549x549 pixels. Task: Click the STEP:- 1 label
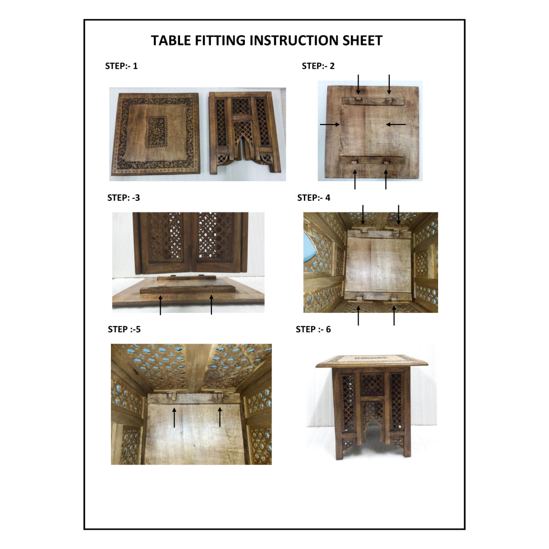pos(121,66)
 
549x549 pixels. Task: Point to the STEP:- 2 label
pos(318,66)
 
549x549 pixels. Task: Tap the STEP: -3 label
pos(124,198)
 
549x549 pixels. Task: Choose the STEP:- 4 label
pos(313,198)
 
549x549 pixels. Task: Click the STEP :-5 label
pos(124,329)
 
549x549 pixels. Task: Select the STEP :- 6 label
pos(313,329)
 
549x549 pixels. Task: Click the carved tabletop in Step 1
pos(156,134)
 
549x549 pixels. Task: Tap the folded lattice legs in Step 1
pos(245,133)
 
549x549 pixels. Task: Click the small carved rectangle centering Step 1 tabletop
pos(156,132)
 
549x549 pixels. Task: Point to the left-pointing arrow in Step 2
pos(396,124)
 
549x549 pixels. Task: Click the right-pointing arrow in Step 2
pos(330,124)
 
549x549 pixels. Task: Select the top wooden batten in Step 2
pos(373,101)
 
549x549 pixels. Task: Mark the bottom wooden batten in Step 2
pos(372,160)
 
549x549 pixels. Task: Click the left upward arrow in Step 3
pos(160,305)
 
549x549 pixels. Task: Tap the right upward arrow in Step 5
pos(220,417)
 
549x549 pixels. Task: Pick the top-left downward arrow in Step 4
pos(363,215)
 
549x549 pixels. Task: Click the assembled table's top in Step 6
pos(372,361)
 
